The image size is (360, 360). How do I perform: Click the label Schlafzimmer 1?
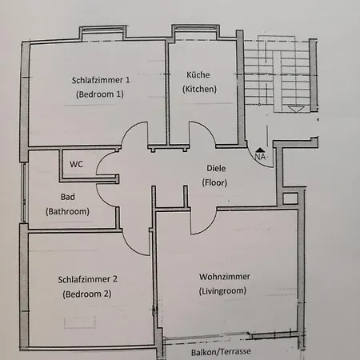point(101,80)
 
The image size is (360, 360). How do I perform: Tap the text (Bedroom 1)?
point(100,94)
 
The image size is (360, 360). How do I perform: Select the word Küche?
point(198,74)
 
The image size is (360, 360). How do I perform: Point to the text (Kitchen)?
point(199,89)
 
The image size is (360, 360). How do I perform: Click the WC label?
point(76,164)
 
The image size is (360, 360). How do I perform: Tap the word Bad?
point(68,197)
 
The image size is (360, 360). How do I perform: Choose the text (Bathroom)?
point(67,211)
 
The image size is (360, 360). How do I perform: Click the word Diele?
point(216,168)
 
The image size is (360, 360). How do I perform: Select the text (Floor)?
point(214,182)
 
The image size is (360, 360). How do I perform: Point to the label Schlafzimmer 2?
point(87,279)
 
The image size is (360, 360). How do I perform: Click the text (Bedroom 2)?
point(87,294)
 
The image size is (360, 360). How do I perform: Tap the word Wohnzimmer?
point(225,277)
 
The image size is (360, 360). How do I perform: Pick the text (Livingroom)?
point(222,290)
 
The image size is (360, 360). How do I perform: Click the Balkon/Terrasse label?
point(221,352)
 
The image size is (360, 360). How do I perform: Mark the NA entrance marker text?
point(260,156)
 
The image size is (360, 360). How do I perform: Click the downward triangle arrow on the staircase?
point(296,109)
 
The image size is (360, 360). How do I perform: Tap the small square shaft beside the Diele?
point(290,198)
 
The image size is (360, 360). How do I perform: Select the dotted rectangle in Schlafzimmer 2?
point(80,322)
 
